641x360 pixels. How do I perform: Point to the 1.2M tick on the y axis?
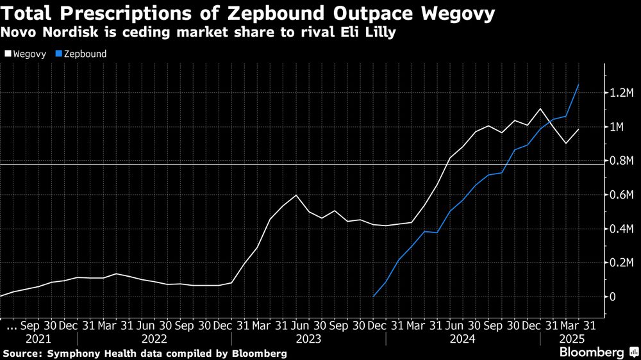click(621, 94)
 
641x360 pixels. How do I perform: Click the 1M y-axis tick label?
click(617, 127)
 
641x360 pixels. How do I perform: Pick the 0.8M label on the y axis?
click(621, 161)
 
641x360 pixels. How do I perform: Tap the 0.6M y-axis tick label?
click(621, 195)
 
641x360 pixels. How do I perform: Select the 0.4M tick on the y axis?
click(621, 229)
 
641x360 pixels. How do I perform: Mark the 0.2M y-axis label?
click(621, 263)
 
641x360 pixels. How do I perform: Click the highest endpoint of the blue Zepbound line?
click(579, 85)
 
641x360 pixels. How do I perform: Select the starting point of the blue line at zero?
click(373, 297)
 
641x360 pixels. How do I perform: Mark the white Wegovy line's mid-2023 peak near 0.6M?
click(296, 195)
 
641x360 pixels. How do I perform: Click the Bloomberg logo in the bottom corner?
click(594, 352)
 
